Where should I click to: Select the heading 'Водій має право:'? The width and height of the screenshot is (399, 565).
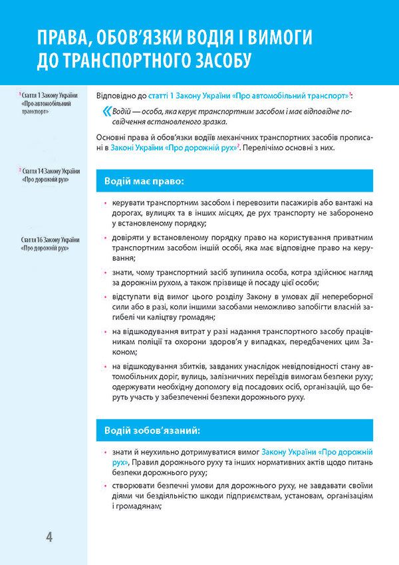(x=144, y=180)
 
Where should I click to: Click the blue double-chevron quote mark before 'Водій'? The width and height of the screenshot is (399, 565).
(x=107, y=110)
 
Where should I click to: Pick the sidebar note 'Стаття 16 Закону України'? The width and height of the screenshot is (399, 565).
(x=50, y=240)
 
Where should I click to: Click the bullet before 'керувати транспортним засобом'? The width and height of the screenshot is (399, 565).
(x=100, y=202)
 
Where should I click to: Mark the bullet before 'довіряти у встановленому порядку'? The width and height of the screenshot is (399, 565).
(x=100, y=238)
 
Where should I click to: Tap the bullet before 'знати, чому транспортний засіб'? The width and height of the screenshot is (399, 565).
(x=100, y=274)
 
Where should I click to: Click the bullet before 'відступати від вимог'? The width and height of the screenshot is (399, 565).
(x=100, y=297)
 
